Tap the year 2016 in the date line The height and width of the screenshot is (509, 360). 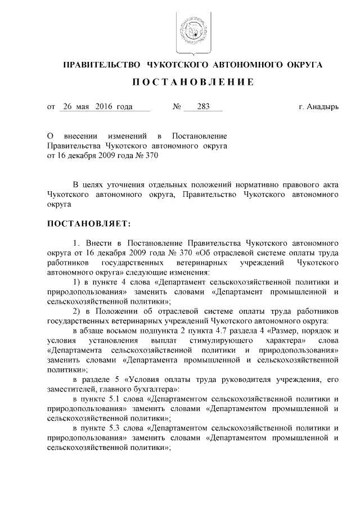pyautogui.click(x=105, y=106)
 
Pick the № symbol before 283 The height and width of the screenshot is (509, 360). pyautogui.click(x=176, y=106)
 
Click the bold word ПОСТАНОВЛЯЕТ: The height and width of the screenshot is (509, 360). pyautogui.click(x=89, y=224)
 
